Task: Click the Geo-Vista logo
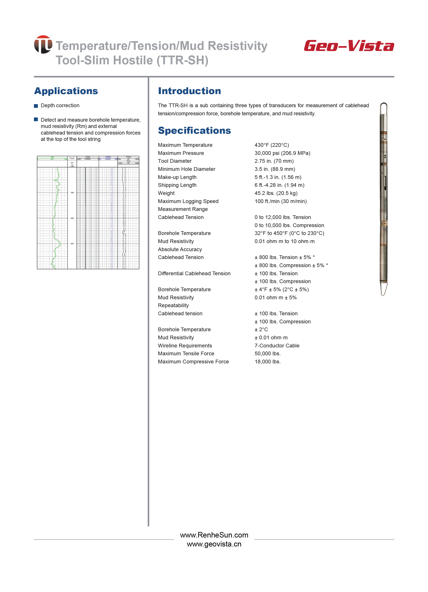(349, 46)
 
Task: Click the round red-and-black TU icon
(43, 44)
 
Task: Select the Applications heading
(66, 91)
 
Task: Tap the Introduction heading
(189, 91)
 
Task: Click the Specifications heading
(194, 131)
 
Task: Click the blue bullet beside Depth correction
(36, 106)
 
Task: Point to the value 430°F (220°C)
(272, 145)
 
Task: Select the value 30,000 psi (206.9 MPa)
(282, 153)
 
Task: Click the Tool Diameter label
(175, 161)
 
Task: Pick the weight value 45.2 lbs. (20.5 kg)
(276, 193)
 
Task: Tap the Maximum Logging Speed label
(188, 201)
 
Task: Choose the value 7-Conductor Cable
(277, 346)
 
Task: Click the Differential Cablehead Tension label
(194, 273)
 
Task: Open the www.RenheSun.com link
(214, 535)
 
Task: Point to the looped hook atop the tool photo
(383, 108)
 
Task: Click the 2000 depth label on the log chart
(72, 218)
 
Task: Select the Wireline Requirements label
(185, 346)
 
